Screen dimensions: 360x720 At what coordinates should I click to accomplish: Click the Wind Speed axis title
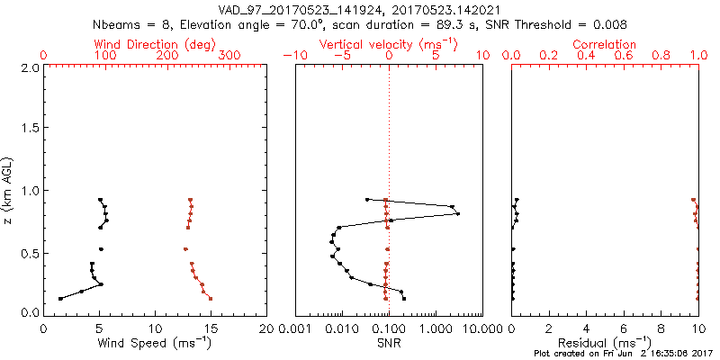(156, 344)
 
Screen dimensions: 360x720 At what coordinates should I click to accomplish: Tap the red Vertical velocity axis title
(389, 44)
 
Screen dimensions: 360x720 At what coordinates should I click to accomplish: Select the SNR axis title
(389, 344)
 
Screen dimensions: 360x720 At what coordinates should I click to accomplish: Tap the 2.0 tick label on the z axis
(29, 67)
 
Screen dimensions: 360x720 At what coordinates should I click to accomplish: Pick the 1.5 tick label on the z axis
(29, 129)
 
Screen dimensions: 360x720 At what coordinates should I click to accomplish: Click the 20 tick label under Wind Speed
(266, 328)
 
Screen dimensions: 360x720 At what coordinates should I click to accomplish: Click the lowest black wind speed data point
(60, 298)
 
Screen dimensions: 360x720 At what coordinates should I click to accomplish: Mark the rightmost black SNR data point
(458, 213)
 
